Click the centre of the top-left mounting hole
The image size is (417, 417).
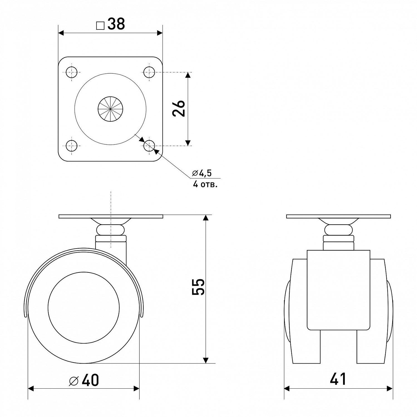[72, 72]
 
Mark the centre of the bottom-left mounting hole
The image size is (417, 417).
[72, 145]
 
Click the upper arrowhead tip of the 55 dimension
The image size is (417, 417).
[206, 215]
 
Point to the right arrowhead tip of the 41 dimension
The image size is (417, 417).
[393, 388]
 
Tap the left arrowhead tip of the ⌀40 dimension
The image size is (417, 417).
[28, 388]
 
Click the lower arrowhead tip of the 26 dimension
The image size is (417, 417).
[188, 145]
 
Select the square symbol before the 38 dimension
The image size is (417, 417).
[100, 26]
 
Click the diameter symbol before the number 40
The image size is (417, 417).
[74, 381]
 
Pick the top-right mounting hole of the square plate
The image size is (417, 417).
[149, 72]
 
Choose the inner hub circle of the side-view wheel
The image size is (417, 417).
[83, 307]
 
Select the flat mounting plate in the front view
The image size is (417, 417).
[339, 216]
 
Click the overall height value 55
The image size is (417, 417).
[199, 287]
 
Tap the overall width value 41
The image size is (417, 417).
[338, 379]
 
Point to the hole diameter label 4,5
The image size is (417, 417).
[205, 173]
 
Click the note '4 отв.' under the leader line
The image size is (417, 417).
[205, 184]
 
